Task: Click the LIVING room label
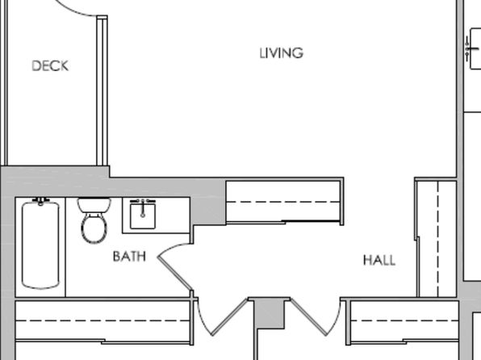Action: pos(282,53)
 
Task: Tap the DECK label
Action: pos(50,66)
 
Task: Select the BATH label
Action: pos(129,256)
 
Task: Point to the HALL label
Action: pos(379,260)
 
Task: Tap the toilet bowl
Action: pos(94,228)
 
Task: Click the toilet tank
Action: pos(94,205)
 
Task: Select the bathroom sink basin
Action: pos(143,216)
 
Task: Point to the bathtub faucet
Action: pos(41,201)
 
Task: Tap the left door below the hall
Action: pos(229,317)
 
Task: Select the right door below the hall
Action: pos(308,317)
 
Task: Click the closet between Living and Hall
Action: pos(284,202)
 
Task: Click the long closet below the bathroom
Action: pos(103,320)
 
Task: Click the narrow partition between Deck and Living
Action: pos(102,91)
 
